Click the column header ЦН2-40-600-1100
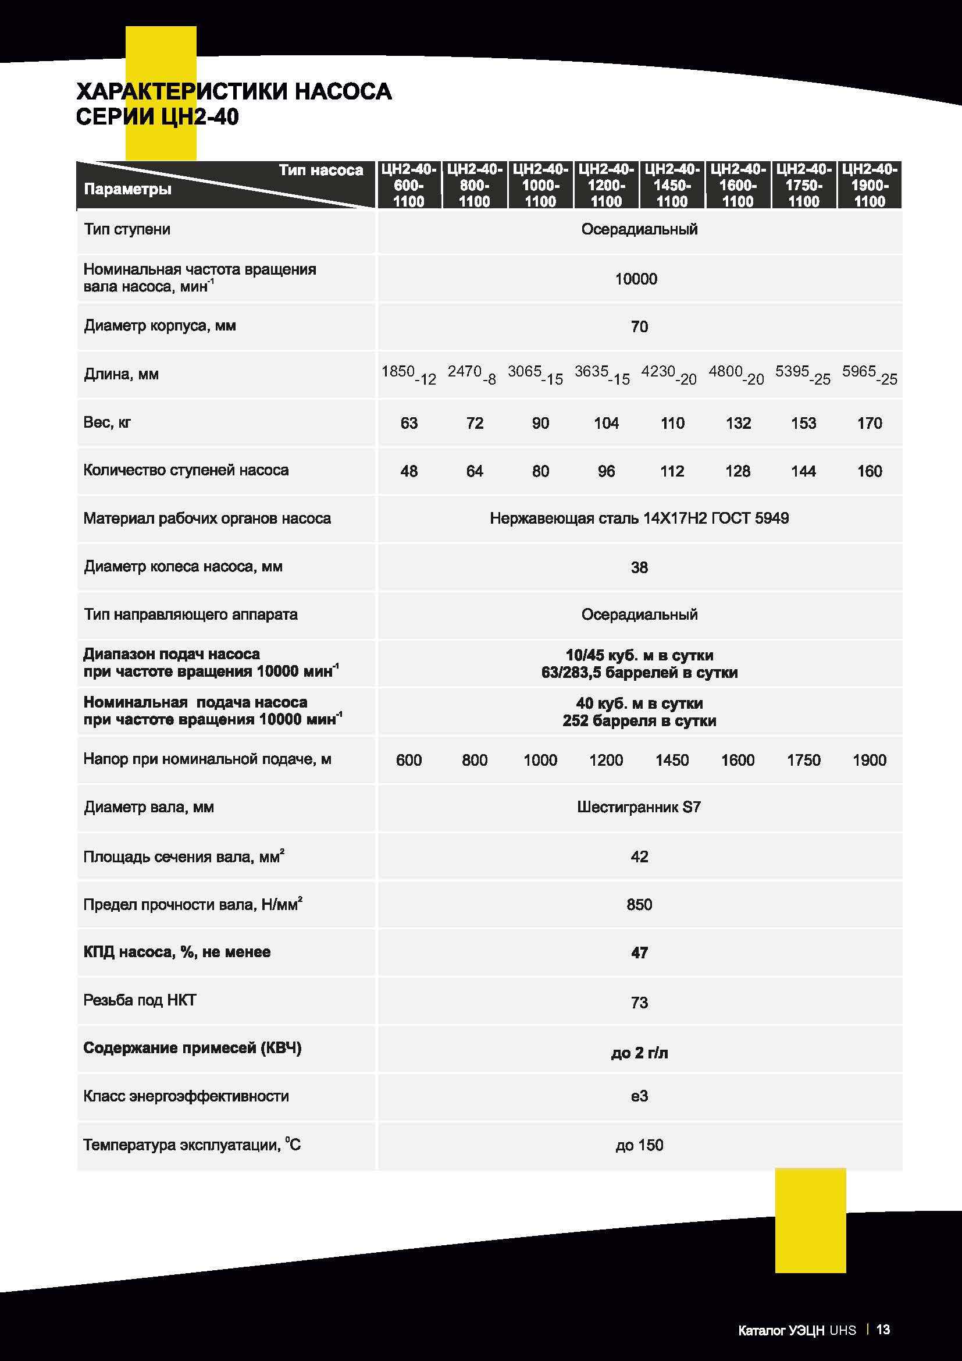coord(409,185)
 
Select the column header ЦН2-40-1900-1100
coord(869,185)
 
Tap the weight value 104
coord(606,423)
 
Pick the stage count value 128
coord(737,471)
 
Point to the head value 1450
coord(672,760)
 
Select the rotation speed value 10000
coord(636,279)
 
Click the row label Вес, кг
coord(107,422)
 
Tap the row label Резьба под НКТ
coord(140,1000)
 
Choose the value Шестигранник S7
coord(639,808)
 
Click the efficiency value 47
coord(639,953)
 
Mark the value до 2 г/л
coord(639,1053)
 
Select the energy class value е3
coord(639,1096)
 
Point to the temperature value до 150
coord(639,1145)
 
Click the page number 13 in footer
coord(883,1330)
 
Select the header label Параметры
coord(128,189)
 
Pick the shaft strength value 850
coord(639,905)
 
